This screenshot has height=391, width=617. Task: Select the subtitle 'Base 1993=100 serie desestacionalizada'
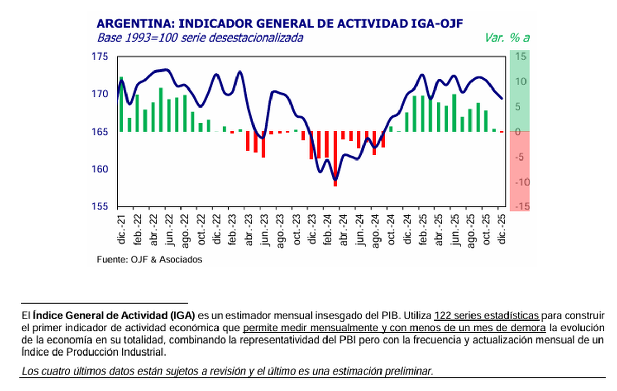tap(200, 38)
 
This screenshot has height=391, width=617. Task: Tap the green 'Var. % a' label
tap(506, 38)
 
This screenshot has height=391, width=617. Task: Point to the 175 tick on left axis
tap(101, 57)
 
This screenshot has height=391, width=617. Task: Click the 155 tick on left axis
tap(101, 206)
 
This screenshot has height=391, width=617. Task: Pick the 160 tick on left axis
tap(101, 169)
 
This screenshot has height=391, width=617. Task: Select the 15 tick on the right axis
tap(521, 57)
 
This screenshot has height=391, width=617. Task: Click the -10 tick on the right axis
tap(520, 182)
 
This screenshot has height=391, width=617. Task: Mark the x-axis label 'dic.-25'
tap(502, 230)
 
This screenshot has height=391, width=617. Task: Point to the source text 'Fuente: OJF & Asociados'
tap(149, 260)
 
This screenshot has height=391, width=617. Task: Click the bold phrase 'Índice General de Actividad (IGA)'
tap(114, 315)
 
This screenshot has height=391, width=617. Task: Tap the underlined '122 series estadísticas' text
tap(486, 315)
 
